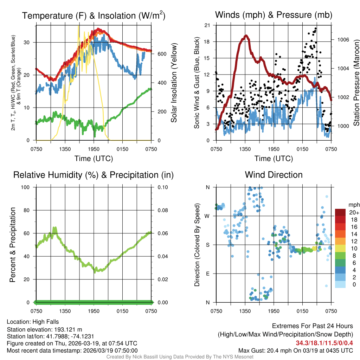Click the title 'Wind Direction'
pos(274,175)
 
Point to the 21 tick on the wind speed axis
pos(207,25)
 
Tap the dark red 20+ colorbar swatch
pos(340,212)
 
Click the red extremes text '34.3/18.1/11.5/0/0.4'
pos(324,343)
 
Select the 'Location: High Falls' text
pos(33,322)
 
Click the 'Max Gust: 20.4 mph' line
pos(295,351)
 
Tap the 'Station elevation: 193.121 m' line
pos(44,329)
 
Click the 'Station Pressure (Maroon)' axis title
pos(356,83)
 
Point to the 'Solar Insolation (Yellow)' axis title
pos(174,83)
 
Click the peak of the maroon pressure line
pos(246,36)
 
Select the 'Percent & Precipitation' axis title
pos(12,245)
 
